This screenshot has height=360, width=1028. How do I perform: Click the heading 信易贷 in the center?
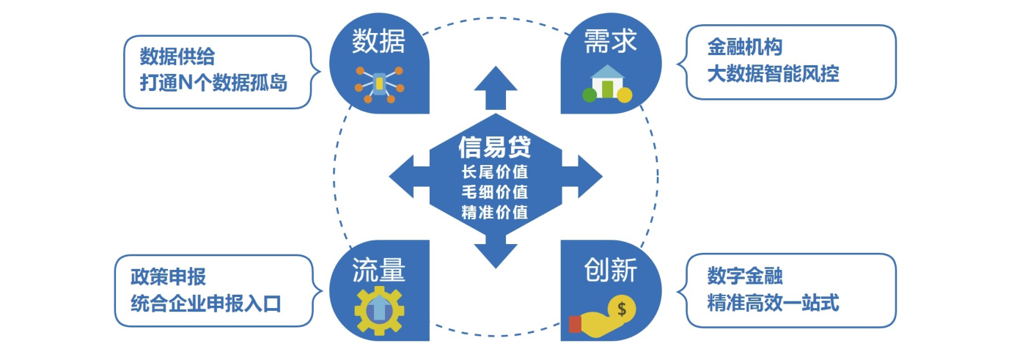[x=495, y=147]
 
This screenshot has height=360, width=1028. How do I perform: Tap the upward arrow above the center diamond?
[x=496, y=88]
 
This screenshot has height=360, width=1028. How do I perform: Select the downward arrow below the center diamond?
[x=496, y=251]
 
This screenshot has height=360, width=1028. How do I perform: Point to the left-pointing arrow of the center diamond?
[x=409, y=176]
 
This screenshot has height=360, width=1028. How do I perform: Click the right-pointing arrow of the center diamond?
[x=582, y=176]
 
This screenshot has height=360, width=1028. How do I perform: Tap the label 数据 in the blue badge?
[x=378, y=41]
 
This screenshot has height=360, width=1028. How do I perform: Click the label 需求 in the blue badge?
[x=610, y=41]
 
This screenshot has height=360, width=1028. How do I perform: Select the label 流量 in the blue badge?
[x=378, y=270]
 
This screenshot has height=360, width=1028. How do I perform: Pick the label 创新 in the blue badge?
[x=610, y=270]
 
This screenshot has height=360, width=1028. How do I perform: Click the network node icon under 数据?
[x=379, y=85]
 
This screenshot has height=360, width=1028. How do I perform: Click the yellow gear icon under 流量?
[x=379, y=310]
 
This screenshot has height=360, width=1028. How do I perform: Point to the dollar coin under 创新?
[x=621, y=309]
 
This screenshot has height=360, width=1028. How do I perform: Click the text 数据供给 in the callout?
[x=177, y=56]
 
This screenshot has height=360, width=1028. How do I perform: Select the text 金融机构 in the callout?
[x=745, y=47]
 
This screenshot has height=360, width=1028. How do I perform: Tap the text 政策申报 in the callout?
[x=168, y=276]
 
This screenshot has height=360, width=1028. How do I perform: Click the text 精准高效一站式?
[x=773, y=303]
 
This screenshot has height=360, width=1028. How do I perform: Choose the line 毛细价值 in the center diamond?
[x=495, y=192]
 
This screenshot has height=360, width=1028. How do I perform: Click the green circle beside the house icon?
[x=590, y=95]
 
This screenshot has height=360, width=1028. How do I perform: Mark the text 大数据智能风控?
[x=773, y=73]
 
